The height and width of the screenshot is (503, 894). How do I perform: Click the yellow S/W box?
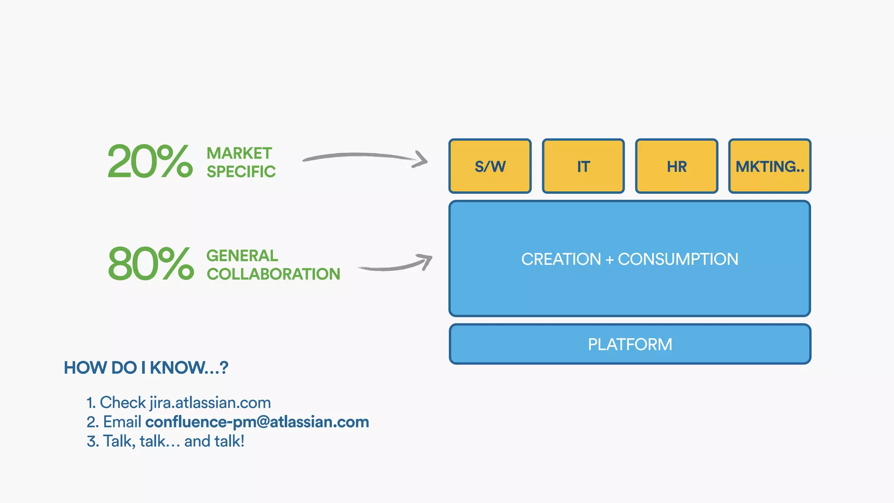(490, 166)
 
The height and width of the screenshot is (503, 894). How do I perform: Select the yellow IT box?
(583, 166)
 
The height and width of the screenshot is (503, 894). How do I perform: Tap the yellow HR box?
(677, 166)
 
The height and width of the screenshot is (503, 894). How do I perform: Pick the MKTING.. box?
(770, 166)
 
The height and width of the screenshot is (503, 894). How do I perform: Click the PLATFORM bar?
(630, 344)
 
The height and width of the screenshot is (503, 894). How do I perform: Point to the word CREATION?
(561, 259)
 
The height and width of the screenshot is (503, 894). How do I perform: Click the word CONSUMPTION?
(678, 259)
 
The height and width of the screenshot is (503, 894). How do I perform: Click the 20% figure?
(150, 162)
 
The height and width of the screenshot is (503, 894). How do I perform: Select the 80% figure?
(151, 264)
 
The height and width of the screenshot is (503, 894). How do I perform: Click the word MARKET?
(239, 153)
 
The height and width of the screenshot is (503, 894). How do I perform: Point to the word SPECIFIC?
(241, 172)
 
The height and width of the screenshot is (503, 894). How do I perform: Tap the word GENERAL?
(242, 255)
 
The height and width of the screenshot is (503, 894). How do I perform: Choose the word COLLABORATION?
(273, 274)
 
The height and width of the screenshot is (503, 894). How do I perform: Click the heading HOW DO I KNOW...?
(146, 368)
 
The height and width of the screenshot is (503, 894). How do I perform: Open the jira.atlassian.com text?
(210, 403)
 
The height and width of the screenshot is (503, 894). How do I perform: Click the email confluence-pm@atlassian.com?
(257, 422)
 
